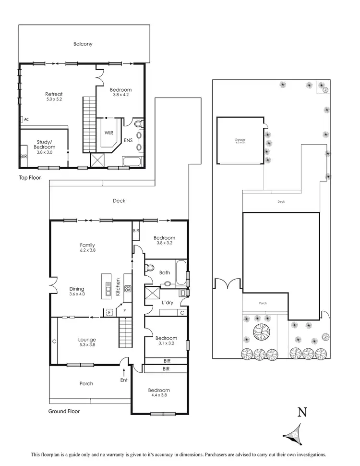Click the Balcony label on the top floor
(83, 44)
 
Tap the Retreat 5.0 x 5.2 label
(54, 97)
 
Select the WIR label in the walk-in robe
(108, 133)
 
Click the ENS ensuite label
(128, 140)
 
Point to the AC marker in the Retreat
(26, 120)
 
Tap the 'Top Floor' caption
(29, 177)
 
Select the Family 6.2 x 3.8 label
(87, 247)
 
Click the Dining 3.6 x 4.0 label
(77, 291)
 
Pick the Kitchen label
(118, 287)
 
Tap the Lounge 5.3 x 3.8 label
(87, 342)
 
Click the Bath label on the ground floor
(165, 272)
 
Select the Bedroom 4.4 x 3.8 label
(159, 392)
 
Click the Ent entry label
(124, 380)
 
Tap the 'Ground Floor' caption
(64, 411)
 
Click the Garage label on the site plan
(240, 141)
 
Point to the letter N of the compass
(302, 412)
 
